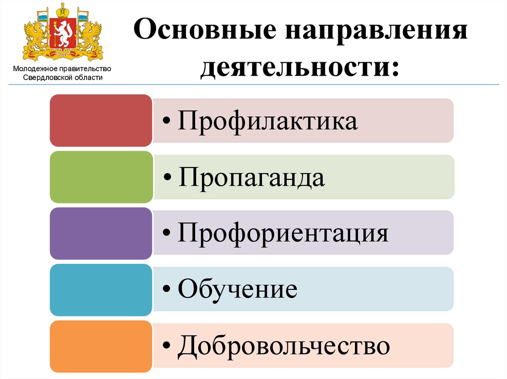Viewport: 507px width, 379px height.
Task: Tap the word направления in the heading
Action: [x=376, y=34]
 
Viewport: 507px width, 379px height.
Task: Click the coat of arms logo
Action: [x=62, y=33]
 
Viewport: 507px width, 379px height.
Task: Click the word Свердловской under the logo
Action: [x=46, y=78]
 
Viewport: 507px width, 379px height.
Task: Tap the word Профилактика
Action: [x=267, y=121]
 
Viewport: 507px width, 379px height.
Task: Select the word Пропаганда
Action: [x=252, y=177]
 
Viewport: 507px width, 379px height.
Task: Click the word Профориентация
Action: [x=283, y=234]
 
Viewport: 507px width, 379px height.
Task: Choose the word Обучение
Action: [x=238, y=290]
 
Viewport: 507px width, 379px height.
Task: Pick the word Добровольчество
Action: [x=284, y=346]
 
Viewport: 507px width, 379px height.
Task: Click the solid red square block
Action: [x=101, y=121]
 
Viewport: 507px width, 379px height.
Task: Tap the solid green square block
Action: [x=101, y=177]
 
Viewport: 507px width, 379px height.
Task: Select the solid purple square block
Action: [x=101, y=233]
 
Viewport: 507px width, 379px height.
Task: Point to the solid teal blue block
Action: [x=101, y=290]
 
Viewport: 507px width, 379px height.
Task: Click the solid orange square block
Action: [x=101, y=346]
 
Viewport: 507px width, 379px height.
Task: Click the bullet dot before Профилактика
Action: [x=168, y=123]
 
